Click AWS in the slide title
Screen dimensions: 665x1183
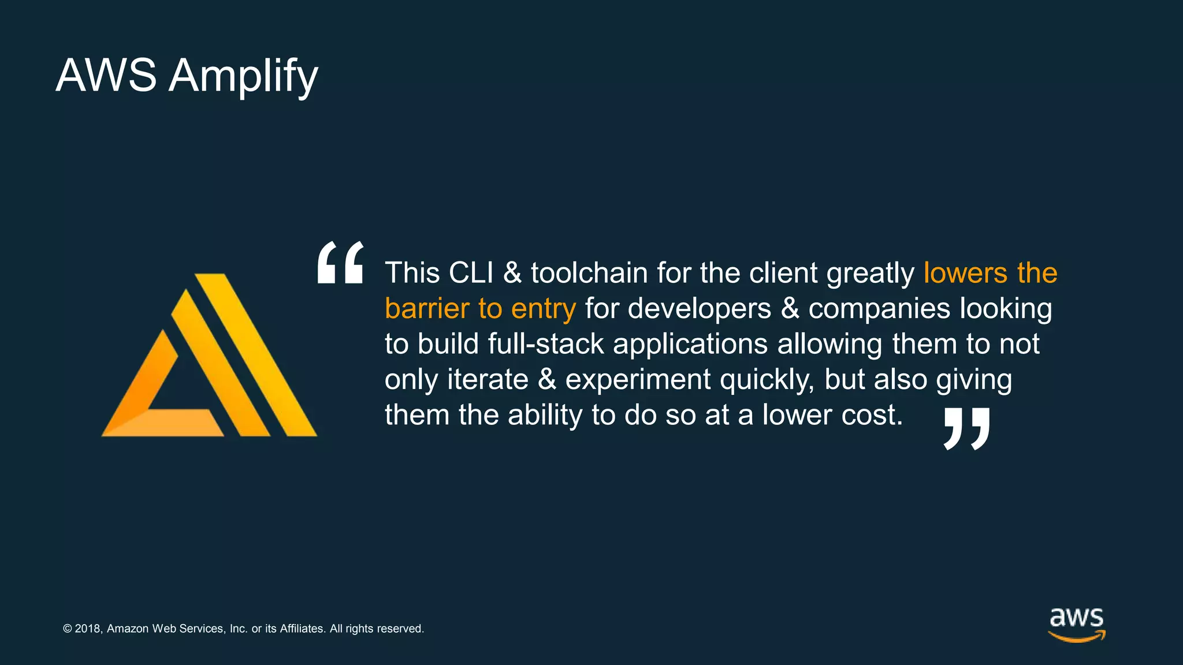(x=106, y=75)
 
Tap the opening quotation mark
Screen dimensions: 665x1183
(x=341, y=263)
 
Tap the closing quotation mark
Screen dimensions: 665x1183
(x=967, y=428)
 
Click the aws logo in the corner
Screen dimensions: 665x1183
(x=1077, y=624)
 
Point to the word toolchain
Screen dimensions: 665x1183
(x=589, y=272)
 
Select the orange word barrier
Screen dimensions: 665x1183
(x=427, y=308)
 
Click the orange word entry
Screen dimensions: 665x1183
(x=543, y=309)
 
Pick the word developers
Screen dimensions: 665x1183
(x=699, y=308)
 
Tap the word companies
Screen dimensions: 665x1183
(x=879, y=309)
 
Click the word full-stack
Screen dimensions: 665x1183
(x=546, y=344)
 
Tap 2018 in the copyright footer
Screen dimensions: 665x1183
(x=88, y=629)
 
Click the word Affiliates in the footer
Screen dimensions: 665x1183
(x=303, y=629)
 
